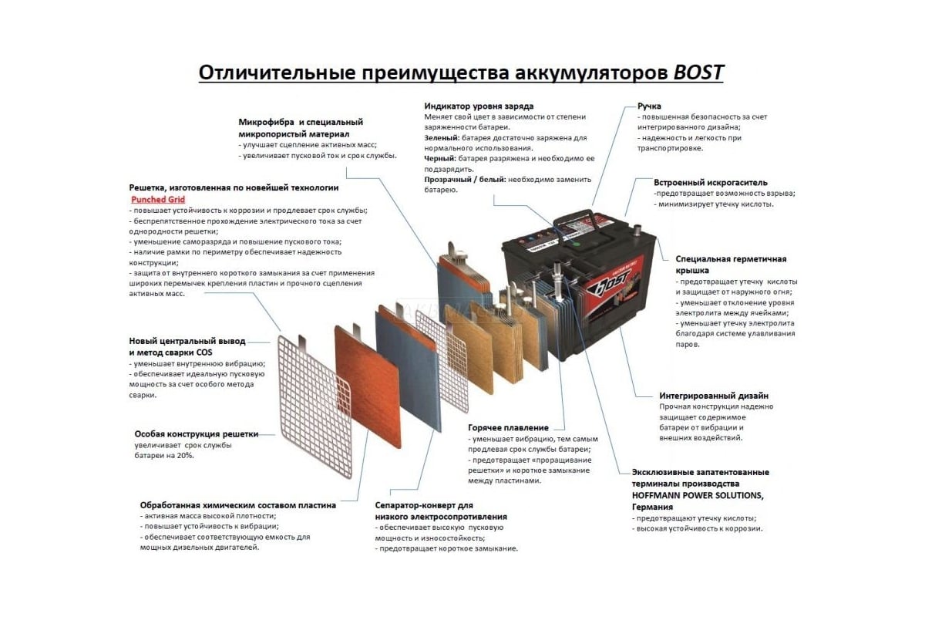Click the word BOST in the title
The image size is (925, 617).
click(x=698, y=72)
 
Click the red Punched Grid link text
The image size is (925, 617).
click(x=158, y=200)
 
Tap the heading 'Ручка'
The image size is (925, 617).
click(x=649, y=106)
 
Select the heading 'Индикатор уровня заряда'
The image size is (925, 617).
click(x=479, y=106)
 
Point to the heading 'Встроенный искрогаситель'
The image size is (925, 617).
click(x=710, y=182)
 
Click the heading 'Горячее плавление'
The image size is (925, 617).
click(x=508, y=428)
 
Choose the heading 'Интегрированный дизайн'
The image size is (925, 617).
click(x=714, y=396)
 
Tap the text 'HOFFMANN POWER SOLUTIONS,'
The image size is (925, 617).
click(x=698, y=495)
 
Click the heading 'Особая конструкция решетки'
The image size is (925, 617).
click(x=196, y=434)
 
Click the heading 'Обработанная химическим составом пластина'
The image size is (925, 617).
click(x=238, y=505)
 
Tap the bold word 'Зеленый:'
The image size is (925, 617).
click(x=442, y=138)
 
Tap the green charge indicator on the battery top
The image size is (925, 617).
click(x=577, y=244)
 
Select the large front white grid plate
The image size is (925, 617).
click(x=314, y=407)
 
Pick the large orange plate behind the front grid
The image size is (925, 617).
click(x=368, y=386)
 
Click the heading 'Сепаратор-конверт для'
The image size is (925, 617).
click(x=424, y=505)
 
